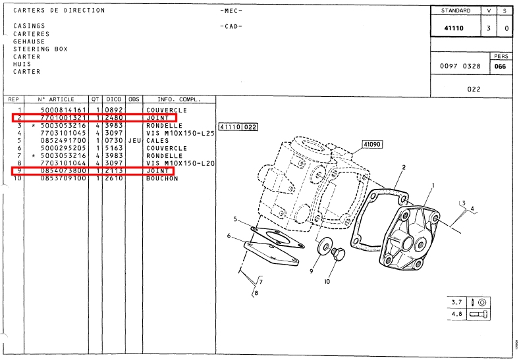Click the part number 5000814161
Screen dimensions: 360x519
coord(63,110)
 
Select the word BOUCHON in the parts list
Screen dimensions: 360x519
coord(162,178)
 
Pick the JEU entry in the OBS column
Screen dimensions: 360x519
coord(134,140)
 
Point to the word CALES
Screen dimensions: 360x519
coord(158,140)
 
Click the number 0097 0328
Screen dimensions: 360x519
coord(460,67)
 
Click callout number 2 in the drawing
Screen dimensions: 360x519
coord(403,167)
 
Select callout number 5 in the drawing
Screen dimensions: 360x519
coord(234,219)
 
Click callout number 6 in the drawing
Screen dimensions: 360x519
coord(229,236)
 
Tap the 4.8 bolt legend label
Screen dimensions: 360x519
coord(456,315)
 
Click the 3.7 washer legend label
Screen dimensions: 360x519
coord(456,303)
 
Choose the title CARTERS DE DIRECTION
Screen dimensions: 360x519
coord(59,11)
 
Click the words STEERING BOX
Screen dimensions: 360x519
coord(40,49)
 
